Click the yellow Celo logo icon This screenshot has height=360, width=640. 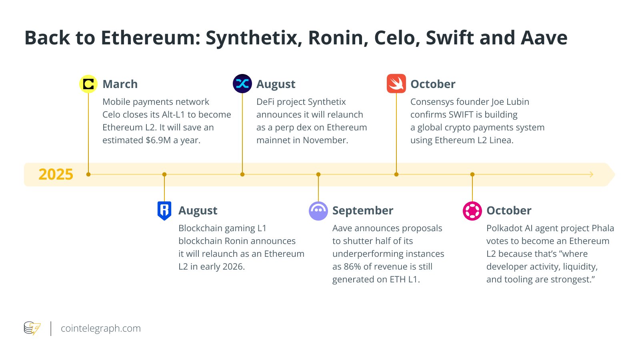coord(88,84)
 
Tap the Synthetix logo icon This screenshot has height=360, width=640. coord(242,84)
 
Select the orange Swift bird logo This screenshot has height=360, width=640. coord(396,84)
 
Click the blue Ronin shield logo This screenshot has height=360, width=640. coord(164,210)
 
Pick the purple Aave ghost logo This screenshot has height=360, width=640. coord(318,211)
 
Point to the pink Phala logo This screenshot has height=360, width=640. coord(472,211)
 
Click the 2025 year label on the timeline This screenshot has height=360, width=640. coord(56,174)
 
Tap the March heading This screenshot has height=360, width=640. coord(120,84)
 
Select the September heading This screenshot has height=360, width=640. coord(363,210)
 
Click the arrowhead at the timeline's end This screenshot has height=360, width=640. coord(592,174)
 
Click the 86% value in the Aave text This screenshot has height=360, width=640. coord(352,267)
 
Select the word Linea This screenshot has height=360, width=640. coord(500,140)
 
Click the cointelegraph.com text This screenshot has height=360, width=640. coord(101,328)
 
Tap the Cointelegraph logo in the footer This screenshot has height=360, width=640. coord(32,328)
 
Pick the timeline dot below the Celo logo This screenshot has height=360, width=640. coord(88,174)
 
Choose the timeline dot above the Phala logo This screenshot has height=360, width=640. coord(472,174)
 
